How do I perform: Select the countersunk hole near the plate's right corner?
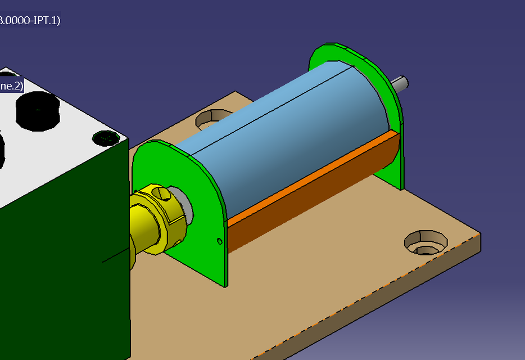[x=426, y=242]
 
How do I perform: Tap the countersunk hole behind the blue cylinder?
[x=212, y=118]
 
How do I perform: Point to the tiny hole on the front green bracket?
[x=219, y=242]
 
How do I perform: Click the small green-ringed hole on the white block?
[x=105, y=137]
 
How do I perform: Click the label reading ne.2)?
[x=11, y=86]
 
